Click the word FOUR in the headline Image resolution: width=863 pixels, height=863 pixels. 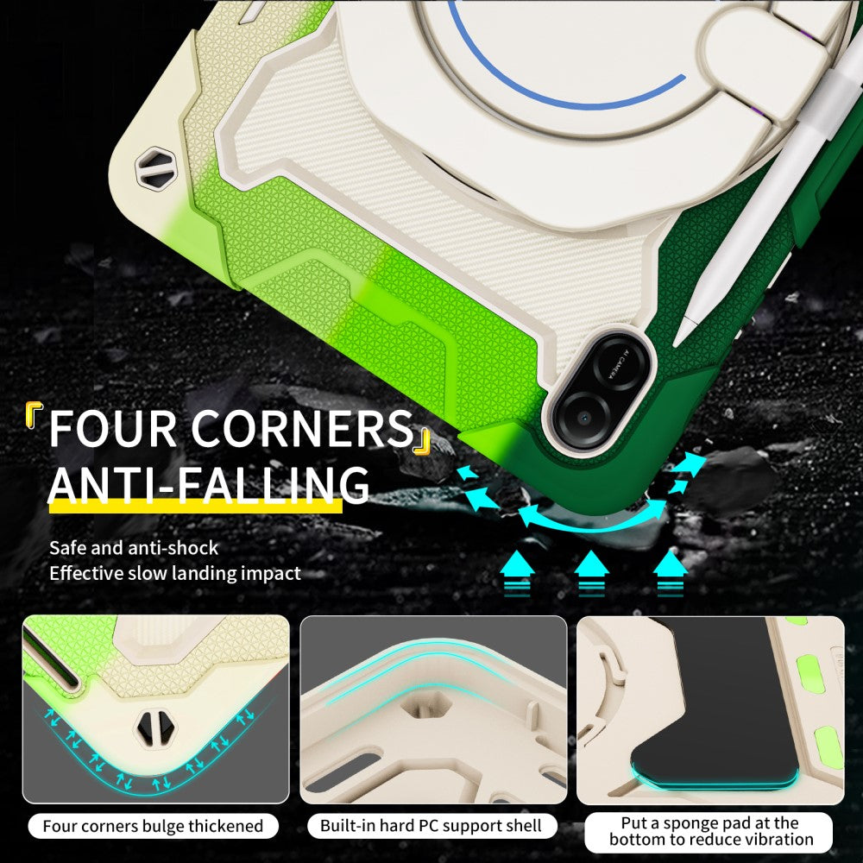113,428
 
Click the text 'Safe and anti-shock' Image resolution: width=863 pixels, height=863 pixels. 134,548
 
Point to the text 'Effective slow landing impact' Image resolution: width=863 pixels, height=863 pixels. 175,573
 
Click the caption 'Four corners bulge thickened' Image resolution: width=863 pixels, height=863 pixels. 153,826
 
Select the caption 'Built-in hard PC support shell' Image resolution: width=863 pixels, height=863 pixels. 431,826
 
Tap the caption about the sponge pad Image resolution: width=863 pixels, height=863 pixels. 711,831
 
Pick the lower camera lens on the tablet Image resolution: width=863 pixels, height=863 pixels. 583,416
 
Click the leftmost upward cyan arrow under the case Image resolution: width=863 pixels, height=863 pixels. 517,572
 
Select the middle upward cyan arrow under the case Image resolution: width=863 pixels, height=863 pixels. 592,572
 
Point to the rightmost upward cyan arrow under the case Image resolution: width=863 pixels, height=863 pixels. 670,572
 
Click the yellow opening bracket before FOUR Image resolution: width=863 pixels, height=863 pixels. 35,414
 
